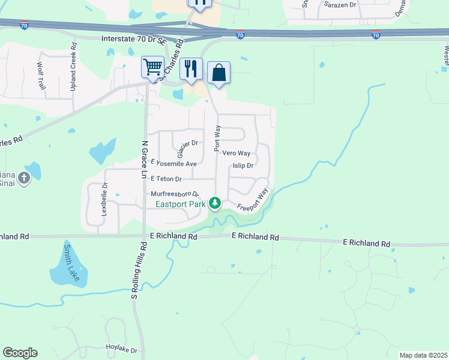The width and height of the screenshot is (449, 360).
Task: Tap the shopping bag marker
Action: click(x=219, y=73)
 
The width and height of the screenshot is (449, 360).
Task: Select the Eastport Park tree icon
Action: click(x=215, y=203)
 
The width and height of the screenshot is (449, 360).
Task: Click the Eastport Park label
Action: click(x=181, y=205)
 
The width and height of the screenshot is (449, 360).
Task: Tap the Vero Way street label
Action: click(x=237, y=154)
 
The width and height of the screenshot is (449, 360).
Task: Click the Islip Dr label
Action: click(x=243, y=166)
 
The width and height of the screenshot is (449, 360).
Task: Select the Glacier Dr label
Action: click(x=188, y=143)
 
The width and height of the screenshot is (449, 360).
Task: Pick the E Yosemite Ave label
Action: click(x=174, y=164)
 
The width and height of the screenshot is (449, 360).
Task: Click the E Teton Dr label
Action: click(x=166, y=179)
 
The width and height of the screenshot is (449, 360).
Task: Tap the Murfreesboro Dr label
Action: click(x=175, y=194)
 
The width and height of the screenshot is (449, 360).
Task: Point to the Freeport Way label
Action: click(x=252, y=200)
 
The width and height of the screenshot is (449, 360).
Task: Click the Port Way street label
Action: click(x=218, y=135)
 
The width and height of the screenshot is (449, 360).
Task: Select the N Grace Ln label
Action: click(x=144, y=160)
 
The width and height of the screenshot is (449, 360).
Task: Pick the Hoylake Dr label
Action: click(x=122, y=350)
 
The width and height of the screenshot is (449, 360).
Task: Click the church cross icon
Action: click(x=23, y=178)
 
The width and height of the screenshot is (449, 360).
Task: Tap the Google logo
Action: click(x=20, y=353)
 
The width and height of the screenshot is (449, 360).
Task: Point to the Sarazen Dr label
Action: click(x=340, y=4)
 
